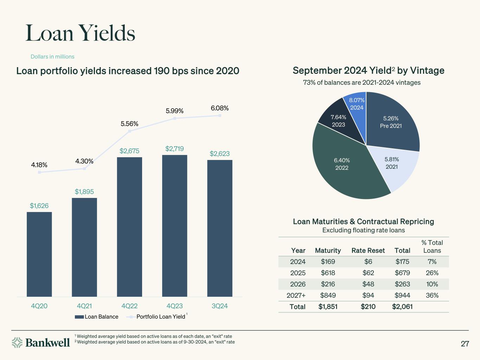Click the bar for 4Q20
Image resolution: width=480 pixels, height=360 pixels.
click(39, 254)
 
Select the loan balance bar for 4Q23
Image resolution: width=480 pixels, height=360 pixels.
click(174, 225)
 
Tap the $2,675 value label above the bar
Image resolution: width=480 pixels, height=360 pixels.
click(129, 151)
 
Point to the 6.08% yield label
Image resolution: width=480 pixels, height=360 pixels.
click(220, 108)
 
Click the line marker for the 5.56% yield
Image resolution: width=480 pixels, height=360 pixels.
click(129, 131)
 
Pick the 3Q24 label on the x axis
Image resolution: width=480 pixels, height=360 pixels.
click(220, 306)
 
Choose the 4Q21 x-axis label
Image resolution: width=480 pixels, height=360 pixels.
click(84, 306)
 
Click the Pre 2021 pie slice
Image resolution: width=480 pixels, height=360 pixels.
click(391, 122)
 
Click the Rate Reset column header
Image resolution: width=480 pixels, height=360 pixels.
click(368, 250)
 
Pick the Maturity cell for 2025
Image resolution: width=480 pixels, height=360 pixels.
click(328, 273)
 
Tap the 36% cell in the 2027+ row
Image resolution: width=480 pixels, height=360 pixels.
click(432, 295)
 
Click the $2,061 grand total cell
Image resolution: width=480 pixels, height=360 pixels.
click(402, 307)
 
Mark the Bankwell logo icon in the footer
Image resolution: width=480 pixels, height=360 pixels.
click(17, 342)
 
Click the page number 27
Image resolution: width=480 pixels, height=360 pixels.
click(465, 343)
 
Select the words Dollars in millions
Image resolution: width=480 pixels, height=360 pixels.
click(52, 57)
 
